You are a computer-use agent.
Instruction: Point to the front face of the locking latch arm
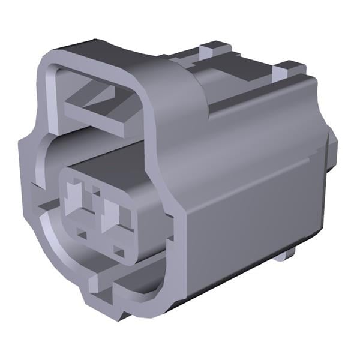tap(96, 119)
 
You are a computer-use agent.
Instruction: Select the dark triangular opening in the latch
tap(96, 94)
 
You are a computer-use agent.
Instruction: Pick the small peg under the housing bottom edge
tap(287, 256)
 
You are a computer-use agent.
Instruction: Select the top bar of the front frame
tap(96, 57)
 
